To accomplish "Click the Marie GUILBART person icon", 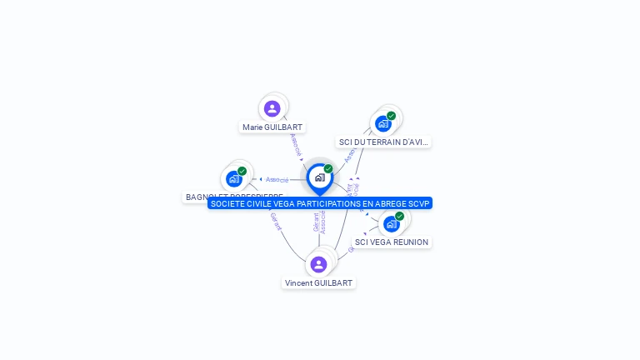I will click(272, 108).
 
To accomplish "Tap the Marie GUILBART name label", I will click(272, 127).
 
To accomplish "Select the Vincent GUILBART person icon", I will click(318, 264).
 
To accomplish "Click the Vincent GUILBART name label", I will click(318, 283).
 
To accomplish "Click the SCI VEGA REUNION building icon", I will click(391, 223).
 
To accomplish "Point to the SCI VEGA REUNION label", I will click(392, 242).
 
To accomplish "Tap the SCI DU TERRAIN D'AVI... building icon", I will click(383, 123).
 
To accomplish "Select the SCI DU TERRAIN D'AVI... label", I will click(383, 142).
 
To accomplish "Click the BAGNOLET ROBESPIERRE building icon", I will click(234, 178).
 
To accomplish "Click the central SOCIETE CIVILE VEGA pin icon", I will click(319, 177).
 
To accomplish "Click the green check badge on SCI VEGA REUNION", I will click(399, 216).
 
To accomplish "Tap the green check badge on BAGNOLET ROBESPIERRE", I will click(242, 171).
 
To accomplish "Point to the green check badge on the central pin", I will click(328, 169).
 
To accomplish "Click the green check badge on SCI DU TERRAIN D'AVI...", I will click(391, 116).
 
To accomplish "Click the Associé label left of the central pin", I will click(277, 179).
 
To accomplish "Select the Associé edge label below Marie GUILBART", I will click(296, 145).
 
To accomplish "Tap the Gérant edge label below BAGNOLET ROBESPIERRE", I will click(276, 222).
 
